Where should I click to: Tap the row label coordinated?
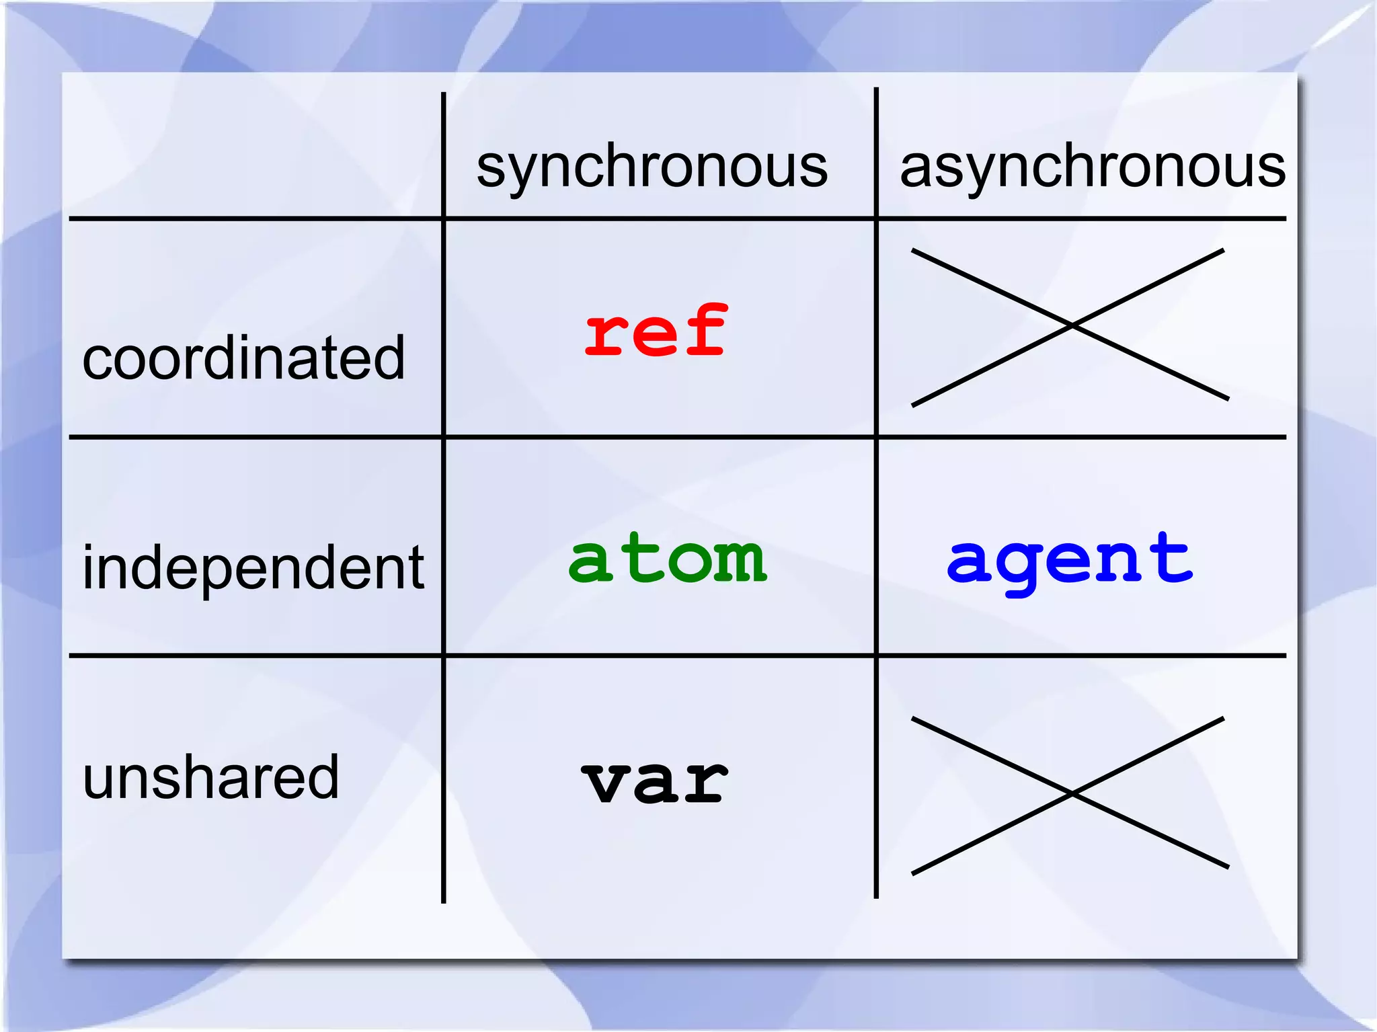[243, 358]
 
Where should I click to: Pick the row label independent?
[253, 568]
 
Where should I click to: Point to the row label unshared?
[210, 777]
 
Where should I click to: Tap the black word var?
[654, 781]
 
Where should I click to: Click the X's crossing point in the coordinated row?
[1072, 325]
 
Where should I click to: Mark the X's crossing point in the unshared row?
[1072, 794]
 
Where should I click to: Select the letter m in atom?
[740, 561]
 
